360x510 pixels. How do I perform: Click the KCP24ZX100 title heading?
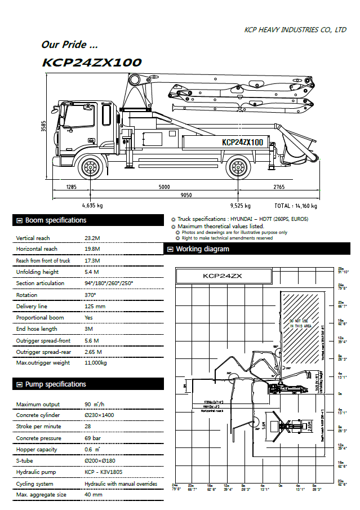[92, 63]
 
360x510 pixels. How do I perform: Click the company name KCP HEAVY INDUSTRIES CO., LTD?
[295, 30]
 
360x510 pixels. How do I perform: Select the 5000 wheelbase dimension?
[164, 187]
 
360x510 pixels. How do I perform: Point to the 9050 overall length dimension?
[186, 195]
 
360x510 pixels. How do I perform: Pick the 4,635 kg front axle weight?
[92, 206]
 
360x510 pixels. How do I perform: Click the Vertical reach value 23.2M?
[92, 238]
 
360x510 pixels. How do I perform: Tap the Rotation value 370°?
[90, 295]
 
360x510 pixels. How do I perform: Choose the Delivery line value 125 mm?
[95, 306]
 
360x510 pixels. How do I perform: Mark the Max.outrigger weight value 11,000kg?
[95, 363]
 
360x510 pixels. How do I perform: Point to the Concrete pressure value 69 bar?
[93, 438]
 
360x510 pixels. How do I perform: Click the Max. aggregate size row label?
[41, 495]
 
